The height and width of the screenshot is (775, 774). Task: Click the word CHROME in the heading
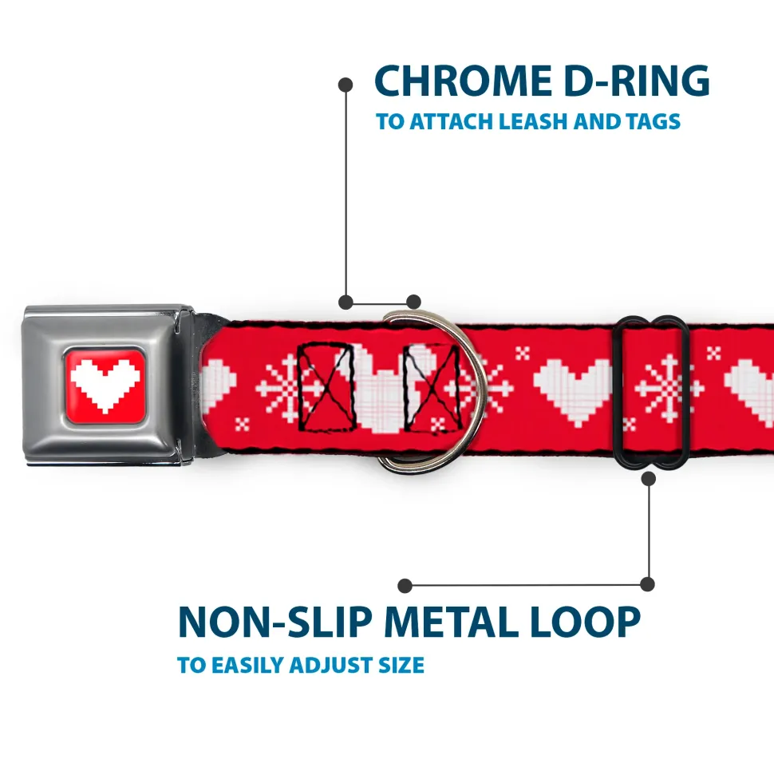point(463,81)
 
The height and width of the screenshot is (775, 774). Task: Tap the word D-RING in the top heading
point(637,81)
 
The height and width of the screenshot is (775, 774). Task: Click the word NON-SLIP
point(274,622)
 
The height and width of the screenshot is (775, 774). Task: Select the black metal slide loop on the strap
point(650,392)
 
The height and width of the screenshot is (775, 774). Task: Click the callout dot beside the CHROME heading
point(346,85)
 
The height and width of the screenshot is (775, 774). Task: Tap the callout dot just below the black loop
point(648,478)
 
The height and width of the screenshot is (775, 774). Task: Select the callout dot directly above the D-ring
point(413,302)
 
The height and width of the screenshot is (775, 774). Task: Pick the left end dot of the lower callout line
point(405,586)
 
